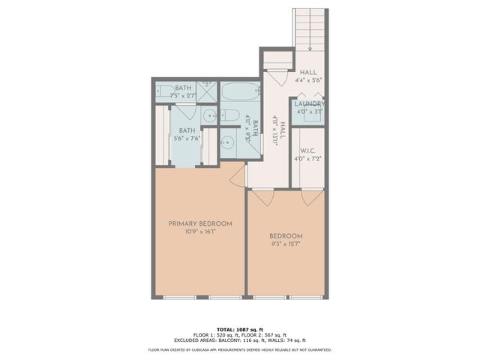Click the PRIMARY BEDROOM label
pyautogui.click(x=199, y=223)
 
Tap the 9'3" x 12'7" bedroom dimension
pyautogui.click(x=286, y=243)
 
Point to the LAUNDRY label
pyautogui.click(x=309, y=103)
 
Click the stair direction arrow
pyautogui.click(x=310, y=49)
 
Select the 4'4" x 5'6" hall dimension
pyautogui.click(x=309, y=79)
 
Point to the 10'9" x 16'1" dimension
pyautogui.click(x=199, y=232)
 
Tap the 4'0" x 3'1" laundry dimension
pyautogui.click(x=309, y=112)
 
